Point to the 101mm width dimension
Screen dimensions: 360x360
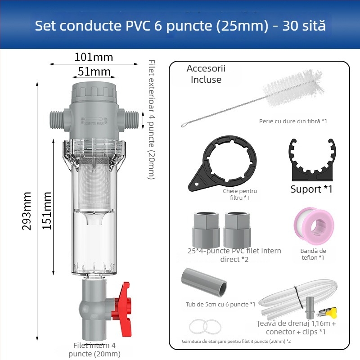point(94,58)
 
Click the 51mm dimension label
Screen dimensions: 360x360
point(94,72)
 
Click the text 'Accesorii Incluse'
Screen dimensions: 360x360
point(206,74)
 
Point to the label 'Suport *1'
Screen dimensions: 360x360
point(311,189)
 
